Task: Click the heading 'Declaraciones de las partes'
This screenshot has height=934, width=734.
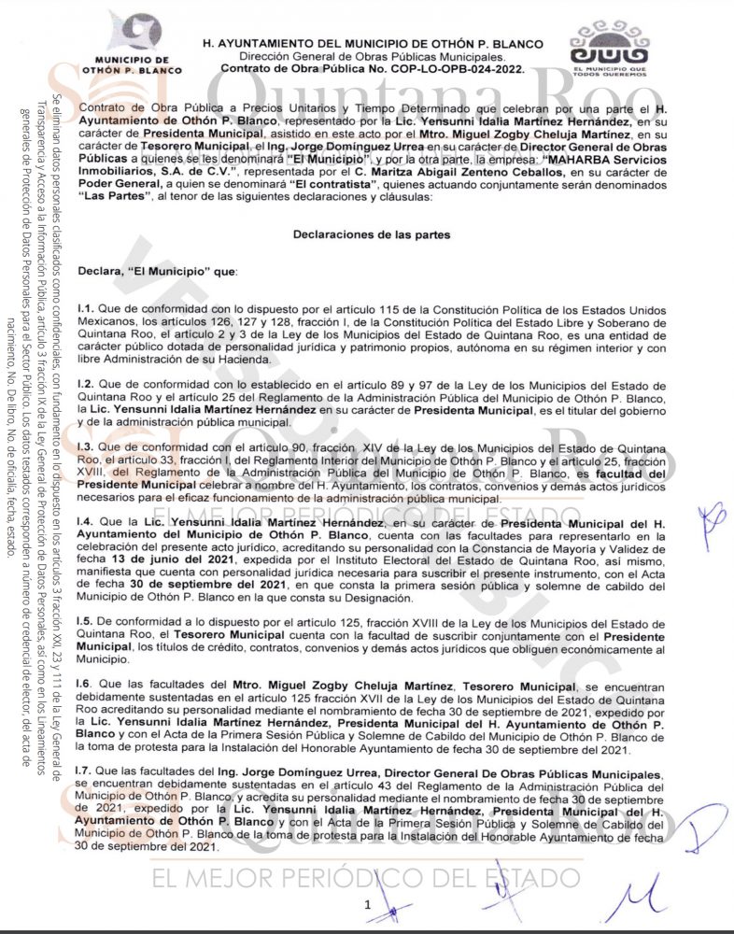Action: [x=372, y=235]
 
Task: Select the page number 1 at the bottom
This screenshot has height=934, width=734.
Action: [x=368, y=904]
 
